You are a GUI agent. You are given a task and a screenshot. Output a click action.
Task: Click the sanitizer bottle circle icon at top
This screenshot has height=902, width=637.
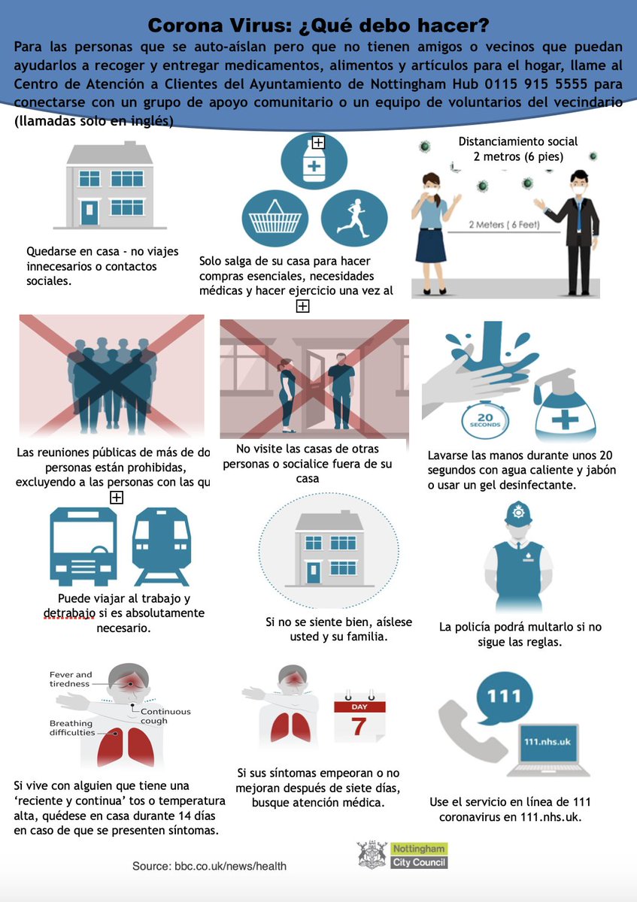pos(313,163)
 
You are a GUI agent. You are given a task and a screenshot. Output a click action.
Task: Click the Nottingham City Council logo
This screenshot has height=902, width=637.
pos(402,855)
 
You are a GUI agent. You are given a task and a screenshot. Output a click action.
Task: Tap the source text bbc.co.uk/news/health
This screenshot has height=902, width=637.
pos(209,866)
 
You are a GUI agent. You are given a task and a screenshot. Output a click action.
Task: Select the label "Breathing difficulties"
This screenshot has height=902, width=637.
pos(72,728)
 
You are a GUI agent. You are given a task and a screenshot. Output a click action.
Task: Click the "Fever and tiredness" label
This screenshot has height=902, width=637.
pos(71,679)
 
